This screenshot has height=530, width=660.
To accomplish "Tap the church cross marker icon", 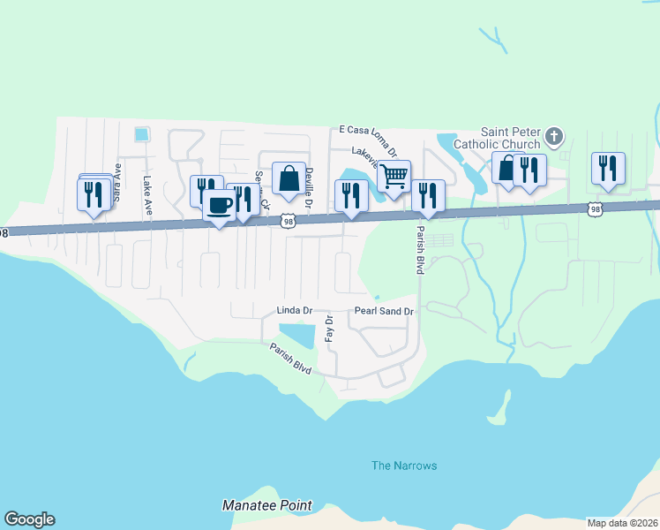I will coord(553,136).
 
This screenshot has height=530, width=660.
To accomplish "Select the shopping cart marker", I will coord(394,175).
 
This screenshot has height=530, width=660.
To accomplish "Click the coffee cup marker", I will coord(220,206).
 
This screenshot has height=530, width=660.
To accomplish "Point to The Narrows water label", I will coord(404,466).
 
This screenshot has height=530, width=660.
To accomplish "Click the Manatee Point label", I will coord(266,506).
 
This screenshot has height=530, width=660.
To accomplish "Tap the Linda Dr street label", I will coord(295,311).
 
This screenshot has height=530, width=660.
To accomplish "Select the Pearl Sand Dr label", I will coord(384,311).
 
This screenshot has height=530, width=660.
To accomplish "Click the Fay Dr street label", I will coord(328,329).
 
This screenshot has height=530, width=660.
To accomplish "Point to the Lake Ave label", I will coord(147,194).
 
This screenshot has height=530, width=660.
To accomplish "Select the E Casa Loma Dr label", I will coord(369,129).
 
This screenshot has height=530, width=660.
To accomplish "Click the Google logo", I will coord(29,519).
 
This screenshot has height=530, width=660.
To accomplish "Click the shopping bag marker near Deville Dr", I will coord(289,178).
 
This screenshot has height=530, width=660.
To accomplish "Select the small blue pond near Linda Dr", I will coord(298,335).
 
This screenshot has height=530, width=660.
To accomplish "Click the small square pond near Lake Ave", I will coord(141,134).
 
